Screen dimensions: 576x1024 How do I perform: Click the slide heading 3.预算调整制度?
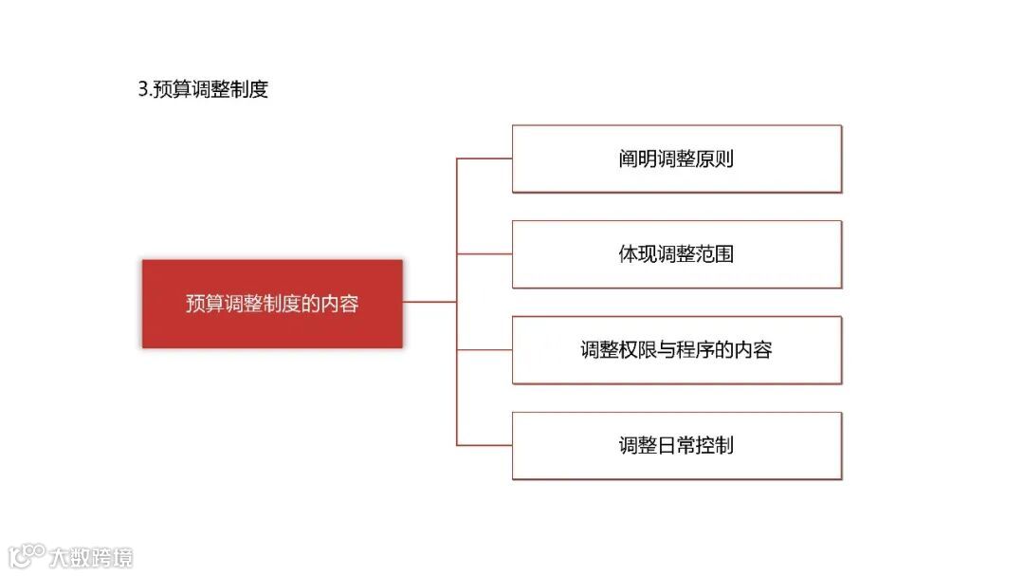click(203, 90)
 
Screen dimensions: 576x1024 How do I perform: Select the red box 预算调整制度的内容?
click(272, 304)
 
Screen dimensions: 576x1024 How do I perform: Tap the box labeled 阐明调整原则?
click(676, 158)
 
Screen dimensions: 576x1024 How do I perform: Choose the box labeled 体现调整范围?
click(676, 254)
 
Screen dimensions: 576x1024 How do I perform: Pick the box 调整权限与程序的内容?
click(676, 350)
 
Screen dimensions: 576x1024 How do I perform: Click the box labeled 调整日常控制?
click(676, 445)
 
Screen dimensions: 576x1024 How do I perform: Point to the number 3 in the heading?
click(143, 90)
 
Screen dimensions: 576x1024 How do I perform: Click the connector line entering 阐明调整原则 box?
click(485, 158)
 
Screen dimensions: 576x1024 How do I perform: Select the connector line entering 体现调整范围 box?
click(485, 254)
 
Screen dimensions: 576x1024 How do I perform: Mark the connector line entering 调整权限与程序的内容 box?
click(485, 350)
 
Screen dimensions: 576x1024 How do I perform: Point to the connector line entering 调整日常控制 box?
click(485, 445)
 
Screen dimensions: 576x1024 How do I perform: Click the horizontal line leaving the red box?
click(430, 302)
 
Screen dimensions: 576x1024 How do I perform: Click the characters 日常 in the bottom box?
click(676, 445)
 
